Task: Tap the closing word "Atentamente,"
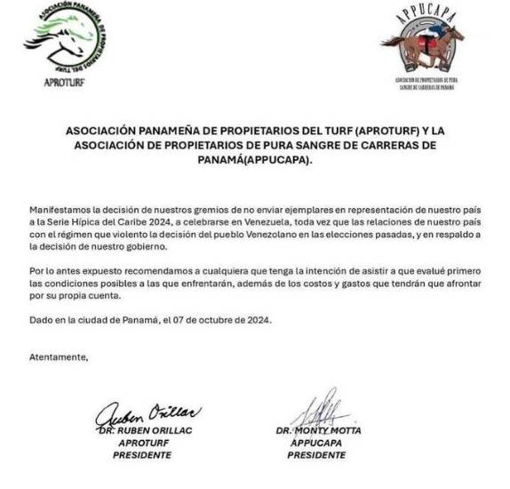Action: [x=59, y=356]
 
